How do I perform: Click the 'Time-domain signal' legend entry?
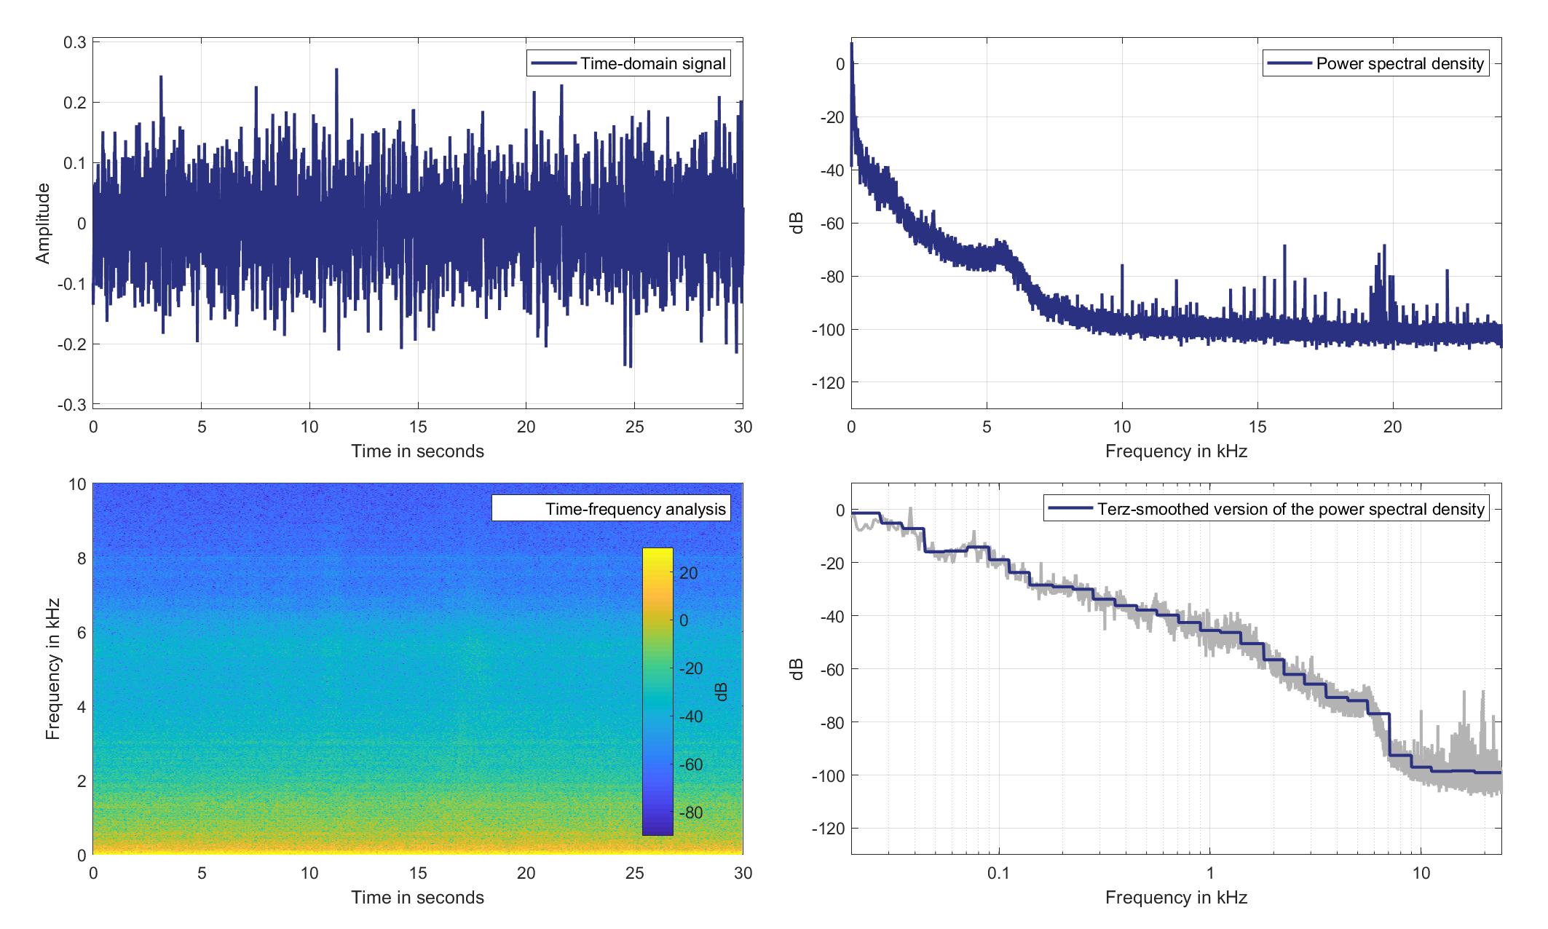pos(628,64)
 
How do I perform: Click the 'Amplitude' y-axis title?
pos(43,224)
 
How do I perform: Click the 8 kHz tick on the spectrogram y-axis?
pos(79,558)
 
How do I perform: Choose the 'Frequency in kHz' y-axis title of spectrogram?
pos(52,669)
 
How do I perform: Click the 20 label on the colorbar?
pos(689,573)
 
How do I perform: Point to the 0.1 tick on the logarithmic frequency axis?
pos(998,873)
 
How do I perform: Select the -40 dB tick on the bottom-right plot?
pos(827,616)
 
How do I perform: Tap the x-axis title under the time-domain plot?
pos(417,451)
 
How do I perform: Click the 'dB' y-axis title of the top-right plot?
pos(797,224)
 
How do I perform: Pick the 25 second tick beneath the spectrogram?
pos(634,873)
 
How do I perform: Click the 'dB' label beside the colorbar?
pos(722,692)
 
